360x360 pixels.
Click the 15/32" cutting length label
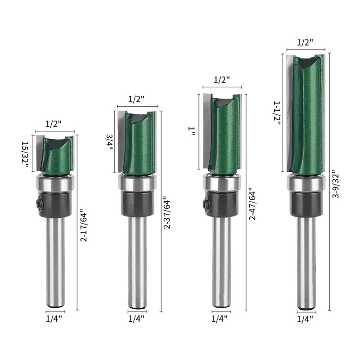pyautogui.click(x=25, y=153)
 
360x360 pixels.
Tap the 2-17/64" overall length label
pyautogui.click(x=84, y=227)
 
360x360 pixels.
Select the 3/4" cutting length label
pyautogui.click(x=109, y=142)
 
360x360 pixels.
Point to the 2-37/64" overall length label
pyautogui.click(x=166, y=215)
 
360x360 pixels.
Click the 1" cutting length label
pyautogui.click(x=191, y=131)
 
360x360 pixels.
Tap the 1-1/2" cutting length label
pyautogui.click(x=277, y=113)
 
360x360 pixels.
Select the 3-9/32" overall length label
pyautogui.click(x=335, y=184)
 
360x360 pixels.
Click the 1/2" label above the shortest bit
pyautogui.click(x=54, y=124)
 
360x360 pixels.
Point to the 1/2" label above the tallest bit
pyautogui.click(x=305, y=42)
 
